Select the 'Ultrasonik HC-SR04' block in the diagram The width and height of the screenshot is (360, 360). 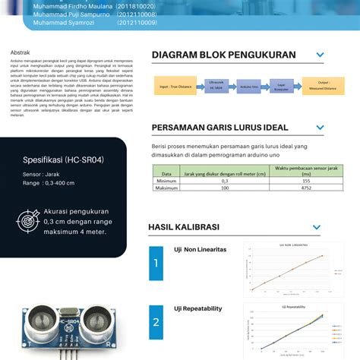tap(216, 87)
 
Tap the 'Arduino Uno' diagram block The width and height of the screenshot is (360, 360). tap(249, 87)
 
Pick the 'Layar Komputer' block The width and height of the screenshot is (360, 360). tap(280, 87)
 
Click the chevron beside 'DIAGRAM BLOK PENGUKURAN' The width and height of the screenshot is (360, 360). tap(321, 55)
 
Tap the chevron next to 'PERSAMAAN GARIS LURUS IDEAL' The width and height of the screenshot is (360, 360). tap(321, 127)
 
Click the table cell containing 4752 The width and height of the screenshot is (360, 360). tap(305, 188)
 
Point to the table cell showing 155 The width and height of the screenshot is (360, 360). tap(305, 181)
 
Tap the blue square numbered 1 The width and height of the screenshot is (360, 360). tap(156, 264)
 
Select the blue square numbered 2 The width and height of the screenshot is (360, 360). tap(156, 321)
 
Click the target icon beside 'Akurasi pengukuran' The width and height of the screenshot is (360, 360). tap(28, 221)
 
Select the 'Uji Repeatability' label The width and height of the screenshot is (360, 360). tap(198, 308)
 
